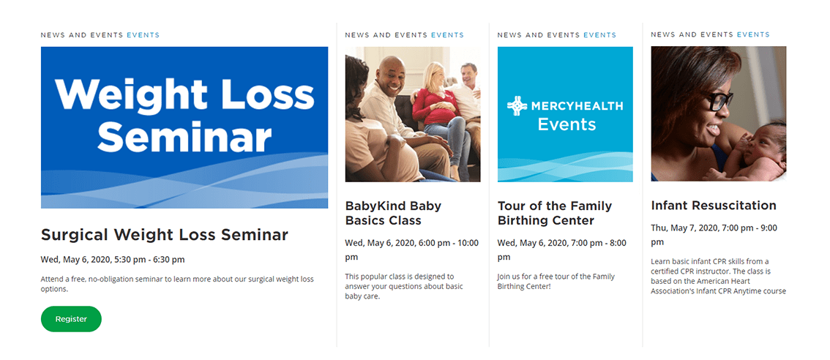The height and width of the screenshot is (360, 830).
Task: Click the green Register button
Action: coord(71,319)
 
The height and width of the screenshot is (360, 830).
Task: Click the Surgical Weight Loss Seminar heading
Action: coord(165,235)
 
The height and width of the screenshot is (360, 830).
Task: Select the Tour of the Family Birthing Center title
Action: coord(555,213)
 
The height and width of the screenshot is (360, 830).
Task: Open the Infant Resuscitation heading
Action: coord(714,206)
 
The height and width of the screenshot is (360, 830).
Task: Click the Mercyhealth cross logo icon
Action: coord(517,106)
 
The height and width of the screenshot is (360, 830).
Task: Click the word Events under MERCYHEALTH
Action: coord(567,124)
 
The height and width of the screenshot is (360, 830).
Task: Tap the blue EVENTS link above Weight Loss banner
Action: coord(143,35)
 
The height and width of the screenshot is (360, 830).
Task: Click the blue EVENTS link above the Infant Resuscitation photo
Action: coord(753,35)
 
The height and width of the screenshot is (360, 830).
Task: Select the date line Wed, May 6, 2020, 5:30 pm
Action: coord(113,260)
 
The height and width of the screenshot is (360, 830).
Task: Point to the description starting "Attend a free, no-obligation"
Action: coord(177,284)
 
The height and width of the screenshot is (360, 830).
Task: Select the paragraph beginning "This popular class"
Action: coord(404,286)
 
